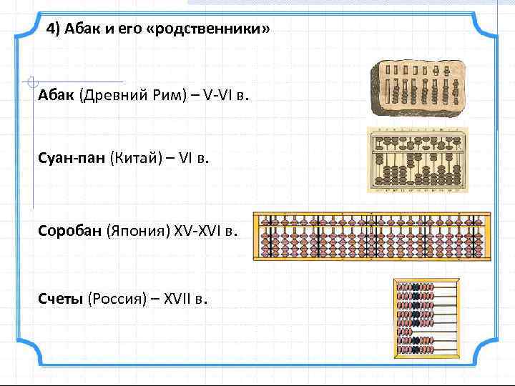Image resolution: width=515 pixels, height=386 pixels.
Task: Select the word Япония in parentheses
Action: pos(139,232)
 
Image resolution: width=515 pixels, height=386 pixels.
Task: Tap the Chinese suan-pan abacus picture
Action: pos(416,159)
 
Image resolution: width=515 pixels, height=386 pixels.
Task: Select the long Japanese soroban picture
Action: pos(372,235)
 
